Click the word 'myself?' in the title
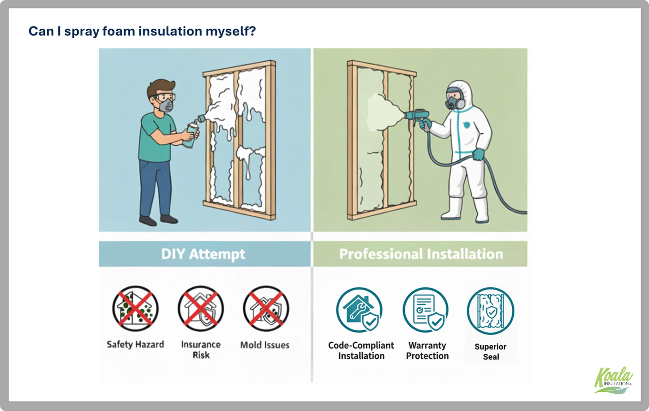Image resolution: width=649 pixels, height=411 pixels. (230, 31)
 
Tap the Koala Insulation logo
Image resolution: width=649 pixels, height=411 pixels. (613, 381)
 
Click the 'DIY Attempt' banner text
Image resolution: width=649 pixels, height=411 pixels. (203, 254)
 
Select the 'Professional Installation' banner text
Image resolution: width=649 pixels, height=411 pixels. (421, 254)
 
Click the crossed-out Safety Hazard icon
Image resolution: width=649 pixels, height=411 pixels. (135, 309)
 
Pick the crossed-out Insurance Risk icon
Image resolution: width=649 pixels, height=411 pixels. (201, 309)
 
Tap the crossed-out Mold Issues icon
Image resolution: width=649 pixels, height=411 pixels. (266, 309)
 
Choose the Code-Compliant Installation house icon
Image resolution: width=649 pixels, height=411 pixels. (359, 310)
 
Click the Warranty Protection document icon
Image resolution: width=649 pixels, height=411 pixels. (425, 310)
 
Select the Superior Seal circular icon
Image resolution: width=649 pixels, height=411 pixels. (491, 311)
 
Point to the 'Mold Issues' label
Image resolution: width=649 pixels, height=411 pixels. (265, 345)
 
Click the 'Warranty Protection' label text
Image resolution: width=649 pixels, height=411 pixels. (427, 350)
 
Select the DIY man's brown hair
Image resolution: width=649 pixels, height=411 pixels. (160, 86)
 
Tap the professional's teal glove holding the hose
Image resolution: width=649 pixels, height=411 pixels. (478, 155)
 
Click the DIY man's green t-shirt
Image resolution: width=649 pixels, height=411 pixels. (155, 138)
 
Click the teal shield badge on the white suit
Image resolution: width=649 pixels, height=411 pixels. (466, 125)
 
